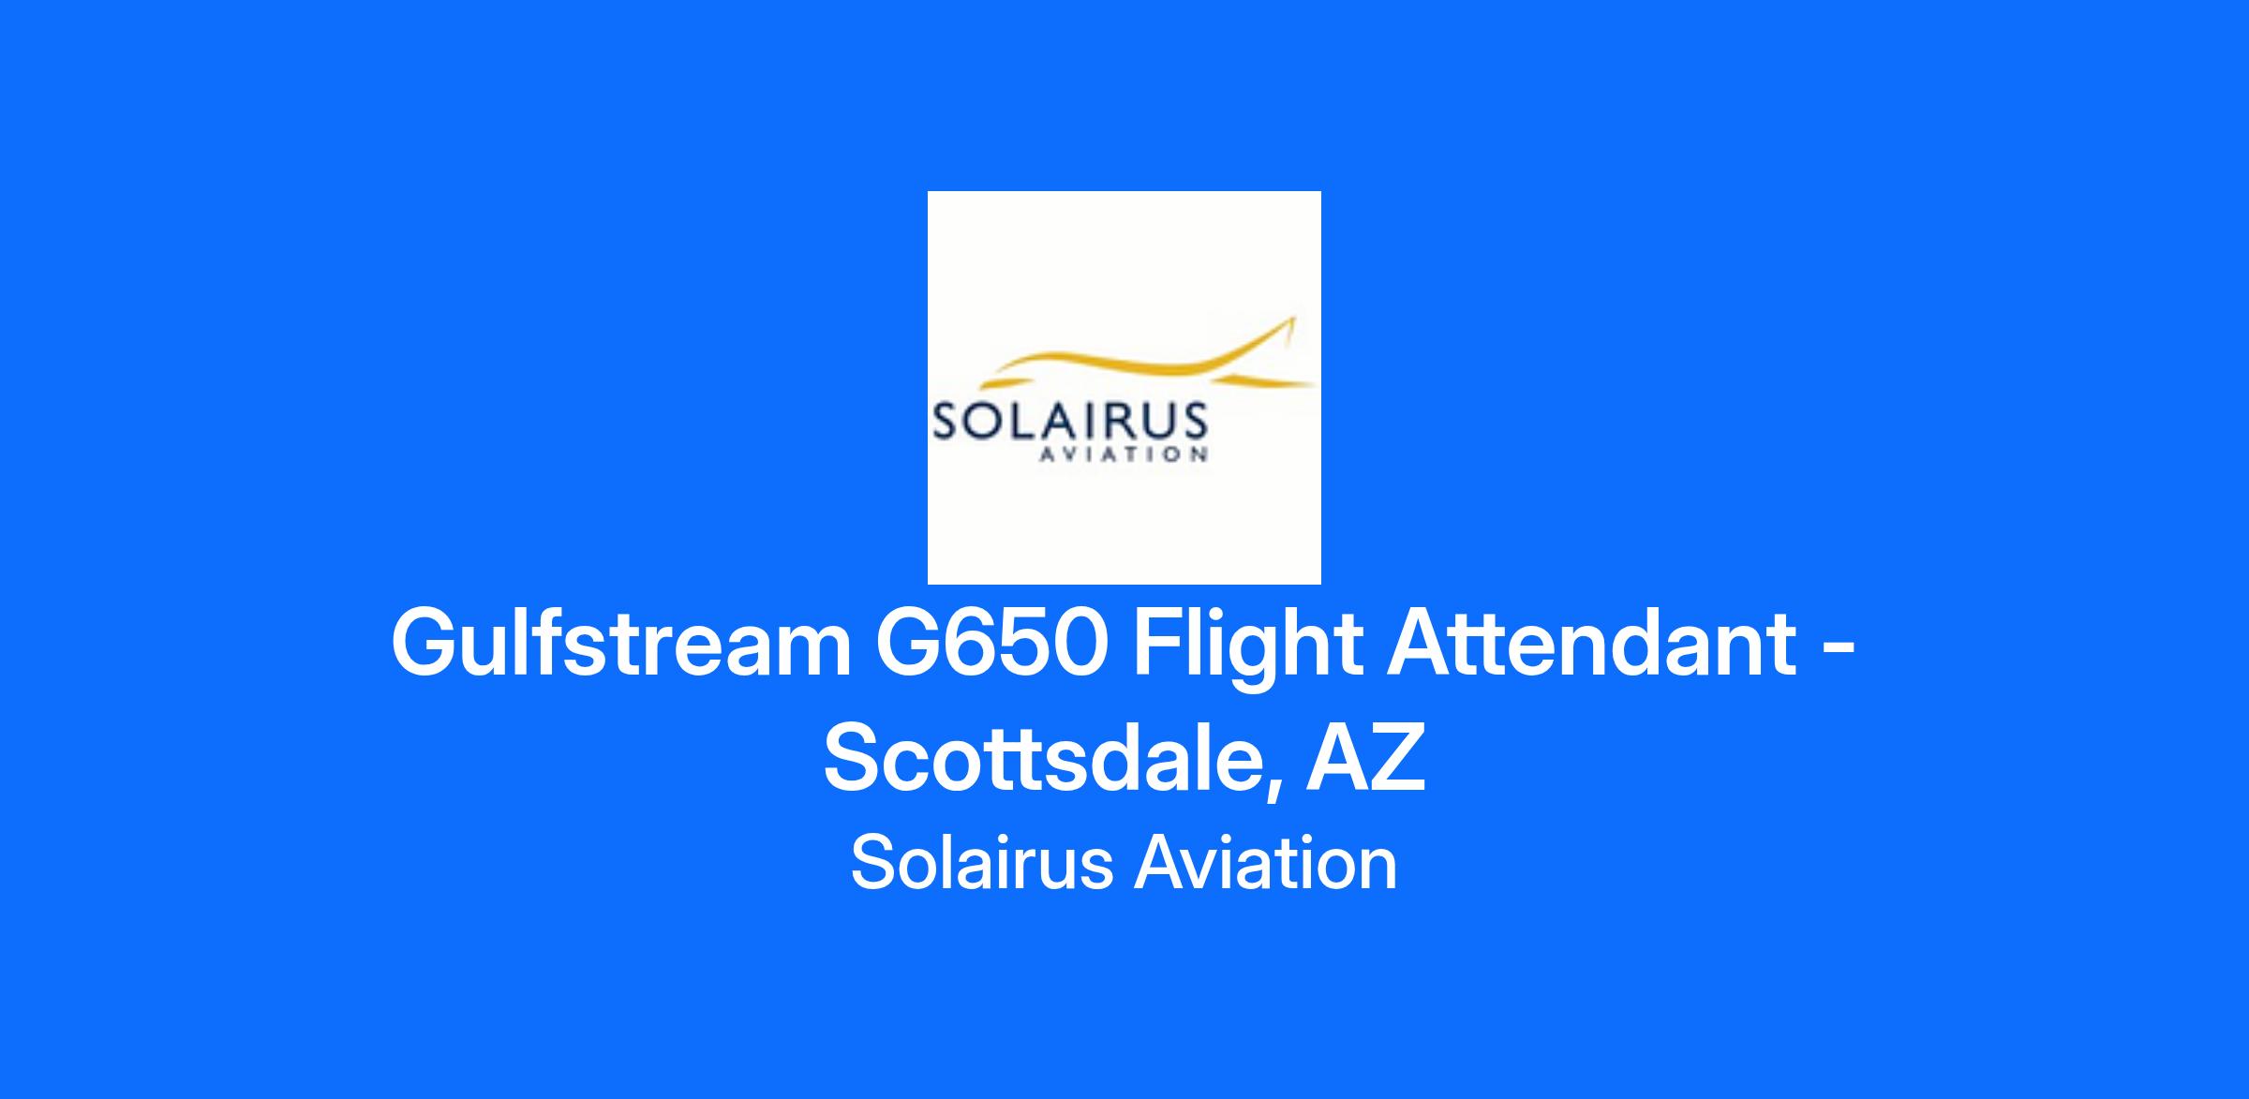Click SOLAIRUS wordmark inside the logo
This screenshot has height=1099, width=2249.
coord(1068,423)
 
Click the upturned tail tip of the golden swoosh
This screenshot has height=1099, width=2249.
coord(1293,319)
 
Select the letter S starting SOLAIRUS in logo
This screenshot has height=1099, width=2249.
coord(945,423)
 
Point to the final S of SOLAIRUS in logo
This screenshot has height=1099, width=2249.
coord(1193,423)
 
